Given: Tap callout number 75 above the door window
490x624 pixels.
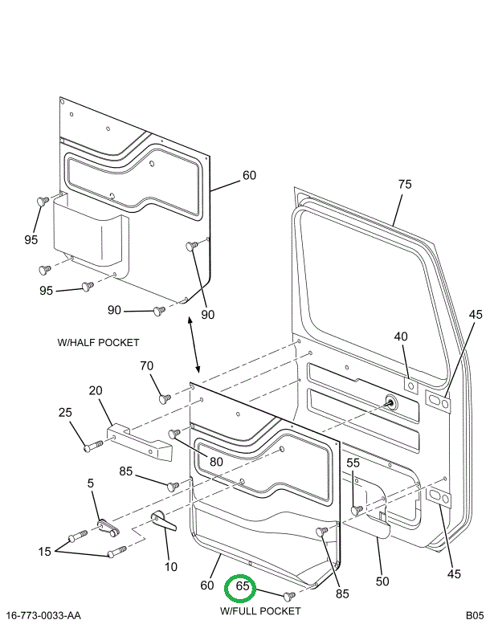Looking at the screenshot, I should (404, 185).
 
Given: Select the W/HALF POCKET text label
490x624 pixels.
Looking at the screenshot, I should (98, 343).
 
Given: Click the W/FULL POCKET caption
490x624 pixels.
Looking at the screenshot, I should (260, 611).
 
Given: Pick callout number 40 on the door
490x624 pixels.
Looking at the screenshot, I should (401, 336).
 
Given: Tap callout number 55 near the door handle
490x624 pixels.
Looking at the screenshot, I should (353, 463).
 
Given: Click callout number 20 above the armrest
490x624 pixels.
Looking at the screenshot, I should (96, 390).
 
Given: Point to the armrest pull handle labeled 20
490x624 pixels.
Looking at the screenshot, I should (141, 443).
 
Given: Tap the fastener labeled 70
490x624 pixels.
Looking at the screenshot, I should (165, 398).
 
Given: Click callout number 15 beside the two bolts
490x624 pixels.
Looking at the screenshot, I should (44, 551).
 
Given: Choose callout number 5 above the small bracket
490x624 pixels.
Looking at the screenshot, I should (91, 483).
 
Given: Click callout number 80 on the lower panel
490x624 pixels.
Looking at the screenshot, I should (216, 462).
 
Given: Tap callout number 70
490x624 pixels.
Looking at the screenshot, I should (146, 366).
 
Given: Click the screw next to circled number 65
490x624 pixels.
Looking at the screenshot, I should (288, 596).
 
